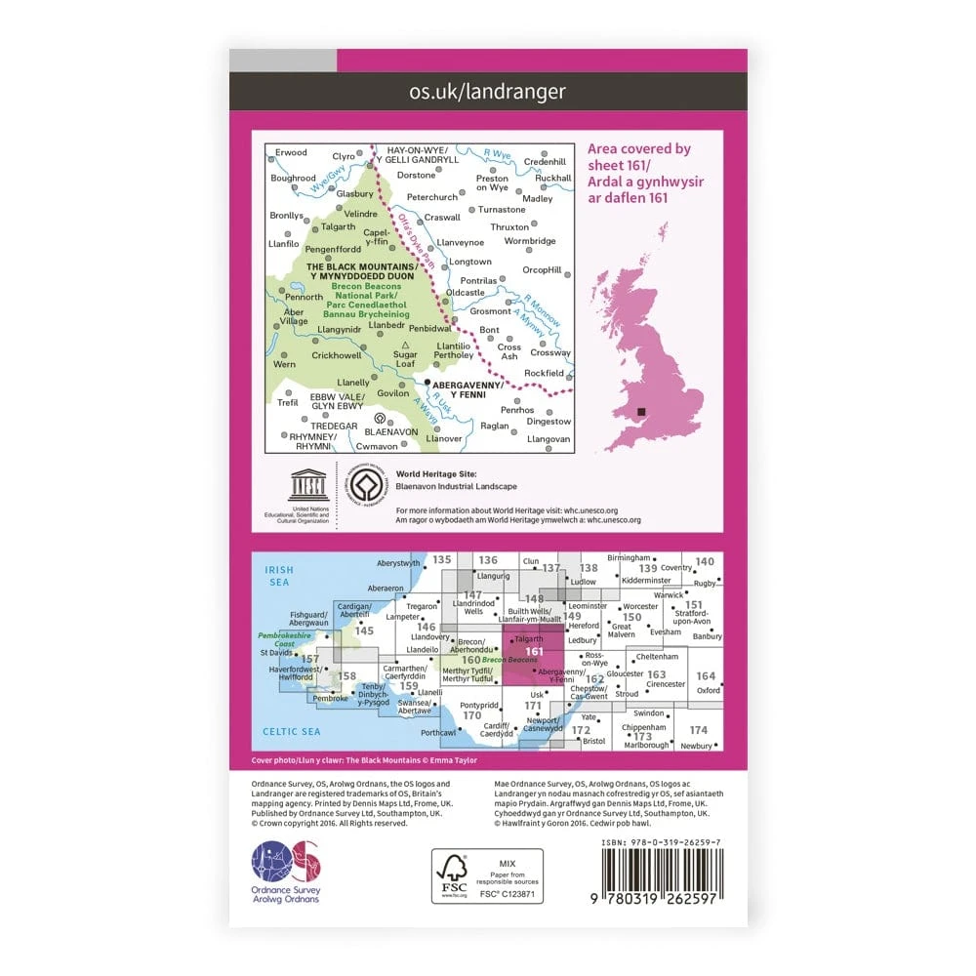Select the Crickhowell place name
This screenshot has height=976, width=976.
336,355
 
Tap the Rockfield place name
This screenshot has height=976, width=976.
545,373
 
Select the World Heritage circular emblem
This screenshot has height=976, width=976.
369,485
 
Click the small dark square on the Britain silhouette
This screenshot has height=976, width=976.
641,413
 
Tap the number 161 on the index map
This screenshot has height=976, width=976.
534,652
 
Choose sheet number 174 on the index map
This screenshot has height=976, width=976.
698,730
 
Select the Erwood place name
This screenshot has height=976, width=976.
291,153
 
